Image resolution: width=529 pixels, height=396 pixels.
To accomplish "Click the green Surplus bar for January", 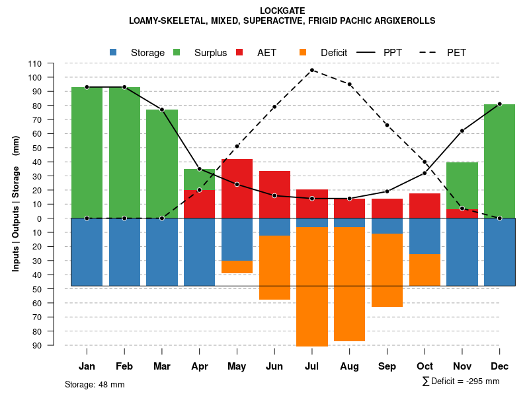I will [87, 152].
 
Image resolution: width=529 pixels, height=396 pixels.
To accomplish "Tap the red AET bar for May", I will [237, 189].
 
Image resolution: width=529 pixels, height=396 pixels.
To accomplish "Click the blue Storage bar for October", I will [425, 236].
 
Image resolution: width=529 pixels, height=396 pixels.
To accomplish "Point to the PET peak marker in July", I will [312, 70].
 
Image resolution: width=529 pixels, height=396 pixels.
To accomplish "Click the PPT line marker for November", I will [462, 131].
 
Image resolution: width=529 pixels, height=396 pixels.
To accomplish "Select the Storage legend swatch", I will [114, 52].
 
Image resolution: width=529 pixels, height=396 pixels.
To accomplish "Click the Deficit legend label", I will [334, 52].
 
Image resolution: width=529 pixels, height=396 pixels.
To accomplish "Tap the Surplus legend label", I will [210, 52].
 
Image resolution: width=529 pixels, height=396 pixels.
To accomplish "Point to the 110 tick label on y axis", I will [35, 63].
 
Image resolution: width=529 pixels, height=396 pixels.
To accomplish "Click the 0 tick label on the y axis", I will [39, 218].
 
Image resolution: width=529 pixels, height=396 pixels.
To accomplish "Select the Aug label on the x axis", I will [349, 366].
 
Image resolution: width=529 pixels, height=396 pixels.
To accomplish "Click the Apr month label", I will [199, 366].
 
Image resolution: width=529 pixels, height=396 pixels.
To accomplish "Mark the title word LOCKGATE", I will [282, 11].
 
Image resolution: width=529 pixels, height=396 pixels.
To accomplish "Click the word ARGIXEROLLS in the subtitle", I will [405, 20].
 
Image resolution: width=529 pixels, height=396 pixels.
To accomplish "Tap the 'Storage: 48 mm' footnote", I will [95, 384].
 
